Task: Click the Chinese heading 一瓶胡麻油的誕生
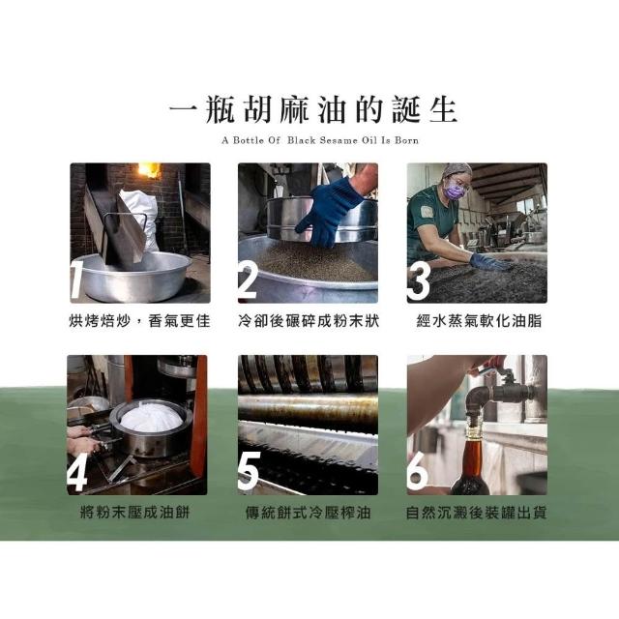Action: (x=313, y=109)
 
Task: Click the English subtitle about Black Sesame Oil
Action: (x=320, y=140)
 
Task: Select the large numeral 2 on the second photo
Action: (x=249, y=280)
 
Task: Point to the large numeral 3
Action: (x=419, y=281)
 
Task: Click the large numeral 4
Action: (x=77, y=472)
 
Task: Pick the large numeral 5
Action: (x=250, y=471)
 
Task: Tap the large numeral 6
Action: (x=418, y=471)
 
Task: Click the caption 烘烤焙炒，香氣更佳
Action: (x=139, y=321)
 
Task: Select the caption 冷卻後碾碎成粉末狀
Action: (x=309, y=321)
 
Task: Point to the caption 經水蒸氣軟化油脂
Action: (x=479, y=321)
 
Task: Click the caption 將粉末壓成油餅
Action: (x=135, y=513)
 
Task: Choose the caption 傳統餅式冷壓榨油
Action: (x=308, y=513)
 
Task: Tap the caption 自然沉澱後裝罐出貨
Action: (x=476, y=513)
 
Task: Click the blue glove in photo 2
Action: (x=329, y=212)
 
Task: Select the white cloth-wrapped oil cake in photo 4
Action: (x=151, y=418)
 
